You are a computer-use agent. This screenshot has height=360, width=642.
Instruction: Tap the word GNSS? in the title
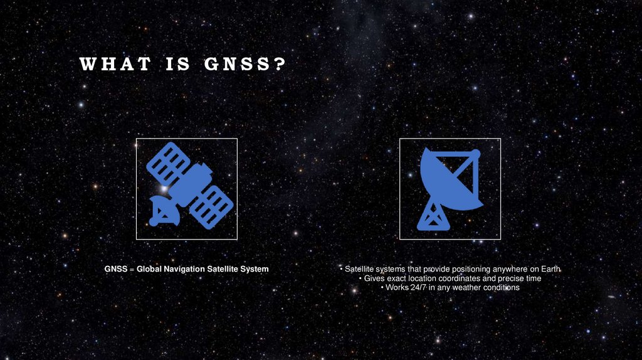coord(245,64)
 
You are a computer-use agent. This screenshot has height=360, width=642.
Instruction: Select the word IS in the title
coord(178,64)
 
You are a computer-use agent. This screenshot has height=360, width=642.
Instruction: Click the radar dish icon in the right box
coord(449,188)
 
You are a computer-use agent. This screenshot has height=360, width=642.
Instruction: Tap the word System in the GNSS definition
coord(255,269)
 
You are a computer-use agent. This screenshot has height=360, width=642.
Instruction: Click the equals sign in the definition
coord(132,269)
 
